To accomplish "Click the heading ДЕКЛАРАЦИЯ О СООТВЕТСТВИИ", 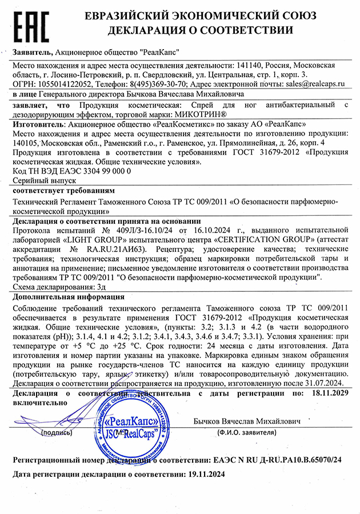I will coord(206,30).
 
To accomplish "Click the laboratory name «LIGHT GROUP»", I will coord(82,240).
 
